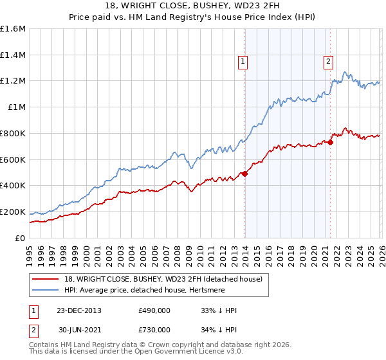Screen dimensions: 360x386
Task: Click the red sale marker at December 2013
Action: coord(244,174)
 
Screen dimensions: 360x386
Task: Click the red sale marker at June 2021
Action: coord(330,142)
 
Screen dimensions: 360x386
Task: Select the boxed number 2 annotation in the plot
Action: coord(328,62)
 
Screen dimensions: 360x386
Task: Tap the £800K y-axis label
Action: coord(13,134)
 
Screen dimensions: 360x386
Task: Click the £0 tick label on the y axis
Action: coord(20,238)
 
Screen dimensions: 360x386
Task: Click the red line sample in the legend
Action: coord(46,280)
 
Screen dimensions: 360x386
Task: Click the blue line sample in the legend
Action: coord(46,291)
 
